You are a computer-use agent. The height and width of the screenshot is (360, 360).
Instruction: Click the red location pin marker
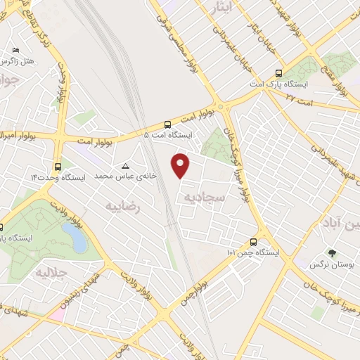181,165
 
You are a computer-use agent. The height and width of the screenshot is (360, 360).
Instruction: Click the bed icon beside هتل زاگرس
15,50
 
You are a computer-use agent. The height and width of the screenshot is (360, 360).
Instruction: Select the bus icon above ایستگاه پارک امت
278,73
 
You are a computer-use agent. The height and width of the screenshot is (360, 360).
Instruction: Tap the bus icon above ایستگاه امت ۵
167,122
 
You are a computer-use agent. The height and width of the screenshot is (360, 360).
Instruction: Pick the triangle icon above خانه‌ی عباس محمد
125,167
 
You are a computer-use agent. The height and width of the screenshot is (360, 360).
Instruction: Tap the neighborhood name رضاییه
123,207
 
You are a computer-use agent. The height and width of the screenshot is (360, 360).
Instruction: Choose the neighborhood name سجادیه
204,198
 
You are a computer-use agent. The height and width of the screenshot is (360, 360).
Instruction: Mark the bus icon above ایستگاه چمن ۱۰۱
252,241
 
